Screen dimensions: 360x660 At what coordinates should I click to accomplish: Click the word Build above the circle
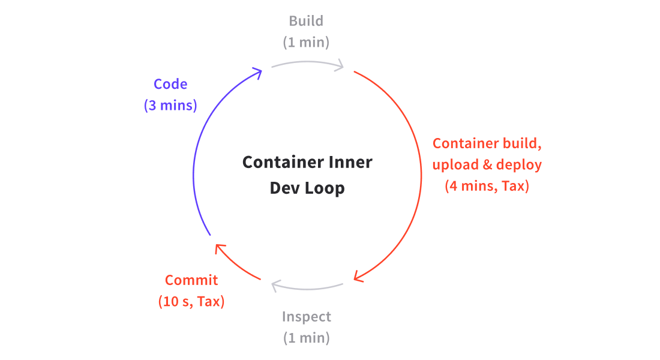pyautogui.click(x=306, y=21)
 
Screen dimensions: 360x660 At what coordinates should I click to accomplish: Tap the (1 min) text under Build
pyautogui.click(x=306, y=43)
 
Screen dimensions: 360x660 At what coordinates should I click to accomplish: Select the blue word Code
pyautogui.click(x=170, y=85)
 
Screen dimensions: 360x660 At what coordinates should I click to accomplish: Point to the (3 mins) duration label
pyautogui.click(x=170, y=106)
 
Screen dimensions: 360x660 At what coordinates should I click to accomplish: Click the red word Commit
pyautogui.click(x=191, y=280)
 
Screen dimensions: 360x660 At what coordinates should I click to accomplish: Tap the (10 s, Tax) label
pyautogui.click(x=191, y=301)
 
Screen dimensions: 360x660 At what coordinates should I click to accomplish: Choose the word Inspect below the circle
pyautogui.click(x=306, y=316)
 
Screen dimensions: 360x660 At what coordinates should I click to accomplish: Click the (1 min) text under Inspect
pyautogui.click(x=306, y=338)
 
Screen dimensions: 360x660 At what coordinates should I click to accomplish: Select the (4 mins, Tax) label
pyautogui.click(x=487, y=186)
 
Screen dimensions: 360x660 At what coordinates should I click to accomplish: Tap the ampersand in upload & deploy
pyautogui.click(x=487, y=164)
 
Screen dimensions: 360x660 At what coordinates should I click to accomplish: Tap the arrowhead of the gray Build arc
pyautogui.click(x=340, y=65)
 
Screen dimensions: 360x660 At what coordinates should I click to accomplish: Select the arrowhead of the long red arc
pyautogui.click(x=359, y=277)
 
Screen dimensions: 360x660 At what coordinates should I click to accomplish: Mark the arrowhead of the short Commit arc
pyautogui.click(x=220, y=248)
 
